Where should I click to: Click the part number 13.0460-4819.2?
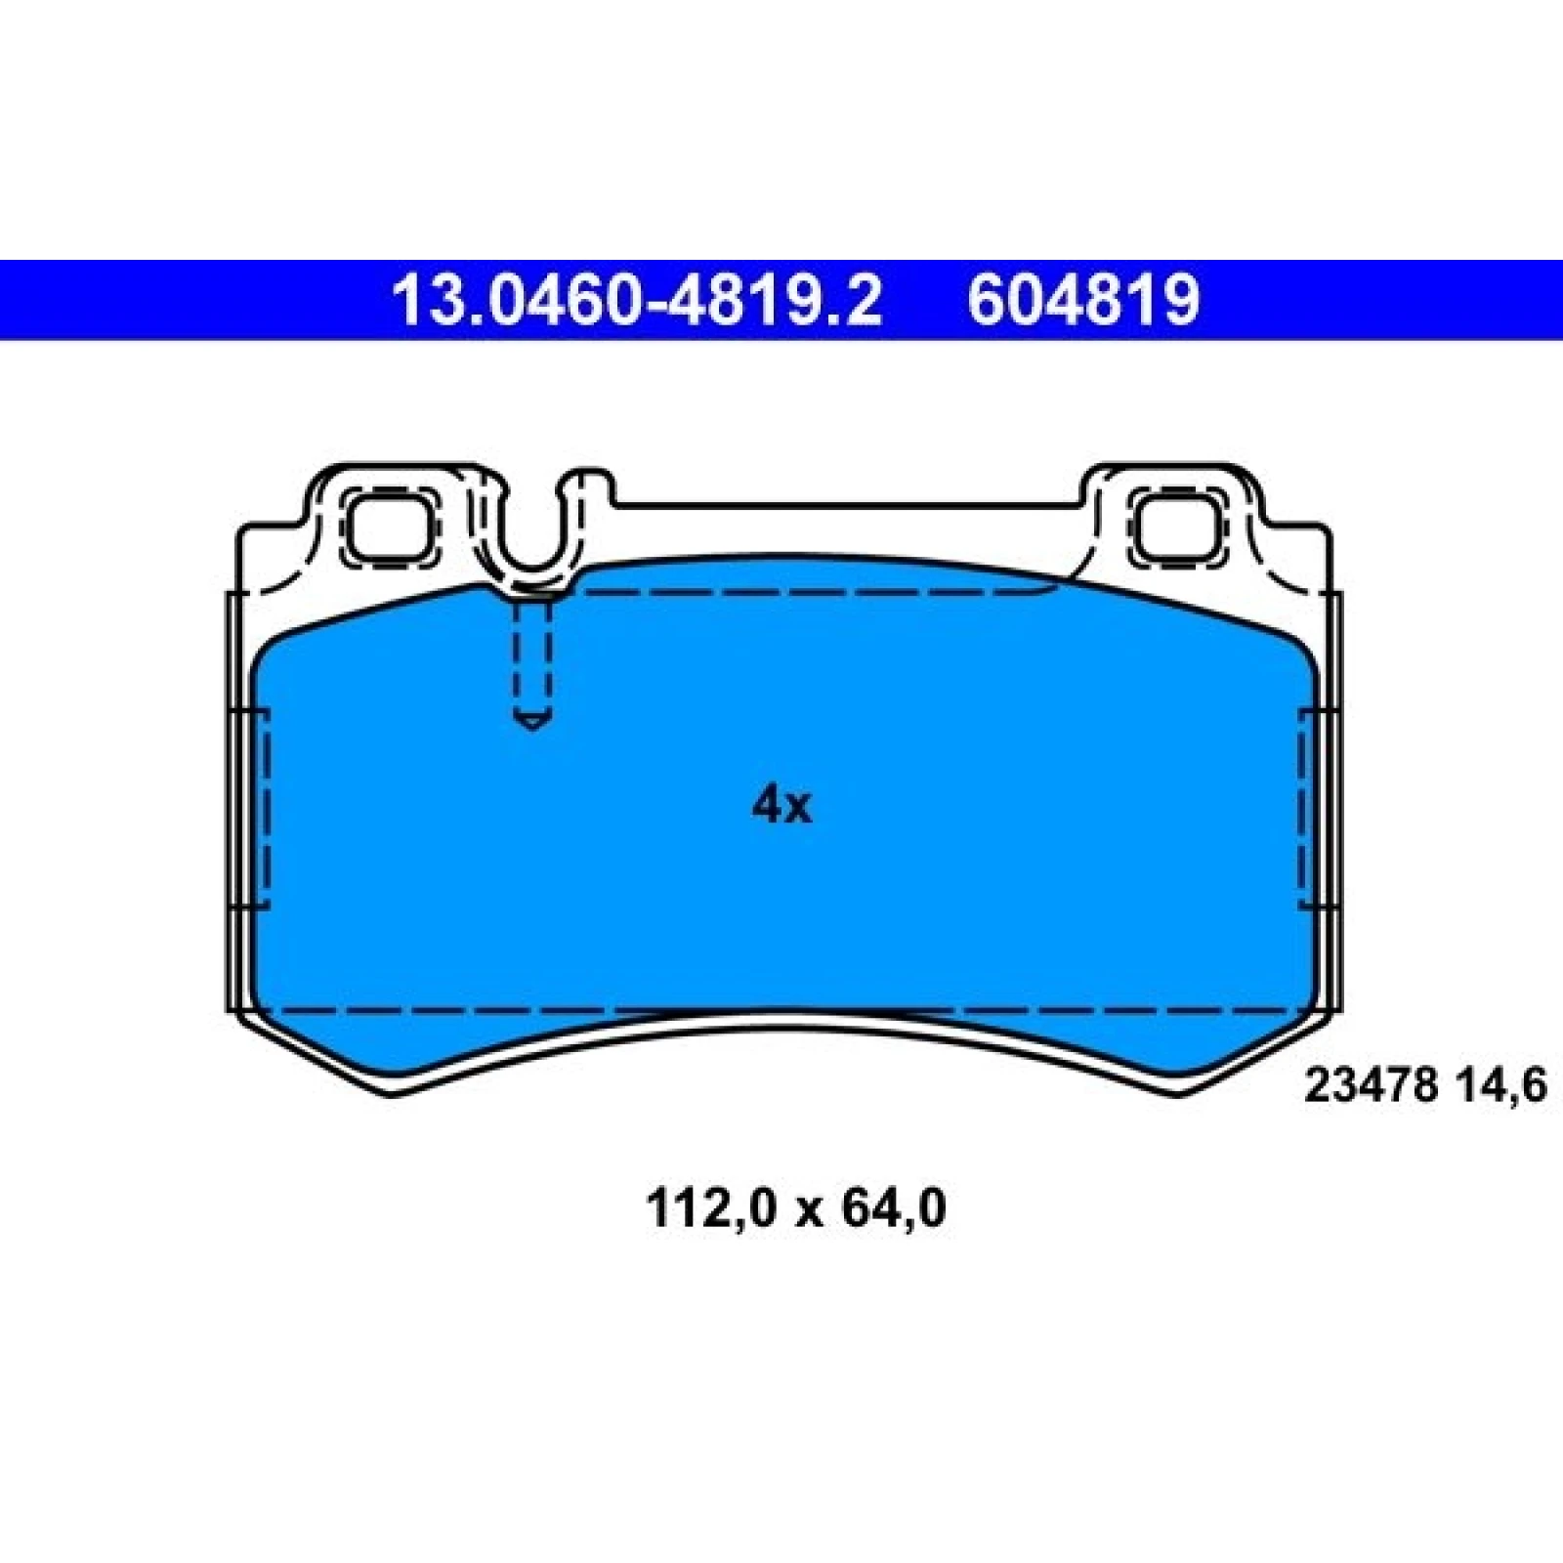pos(636,300)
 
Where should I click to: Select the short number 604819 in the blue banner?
pos(1083,300)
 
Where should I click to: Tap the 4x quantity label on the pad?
pos(781,805)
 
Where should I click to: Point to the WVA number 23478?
pos(1371,1086)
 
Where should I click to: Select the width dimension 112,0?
pos(710,1210)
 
